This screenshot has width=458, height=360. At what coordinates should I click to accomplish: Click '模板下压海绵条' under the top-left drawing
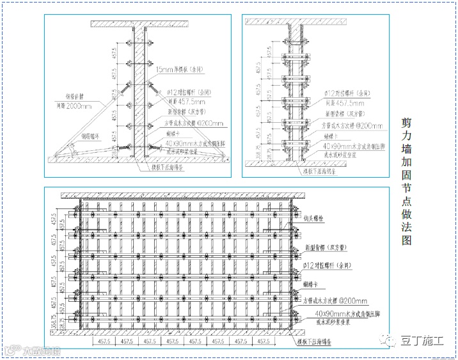pyautogui.click(x=168, y=168)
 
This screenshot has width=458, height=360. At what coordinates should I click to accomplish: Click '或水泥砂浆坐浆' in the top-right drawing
pyautogui.click(x=343, y=155)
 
